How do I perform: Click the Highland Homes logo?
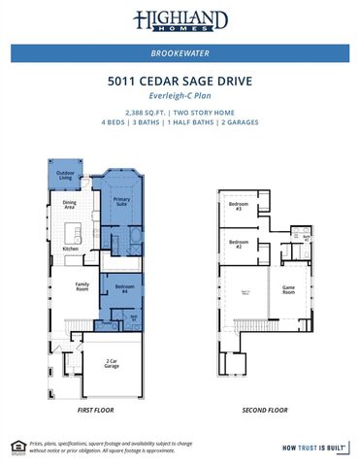click(x=180, y=21)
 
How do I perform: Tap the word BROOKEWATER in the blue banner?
click(x=180, y=54)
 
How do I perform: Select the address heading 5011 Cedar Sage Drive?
click(x=180, y=83)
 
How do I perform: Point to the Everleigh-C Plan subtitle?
click(x=180, y=98)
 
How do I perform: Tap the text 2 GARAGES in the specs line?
click(x=240, y=123)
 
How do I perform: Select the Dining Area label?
click(x=70, y=205)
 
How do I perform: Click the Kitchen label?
click(x=70, y=250)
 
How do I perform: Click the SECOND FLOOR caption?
click(x=265, y=411)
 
